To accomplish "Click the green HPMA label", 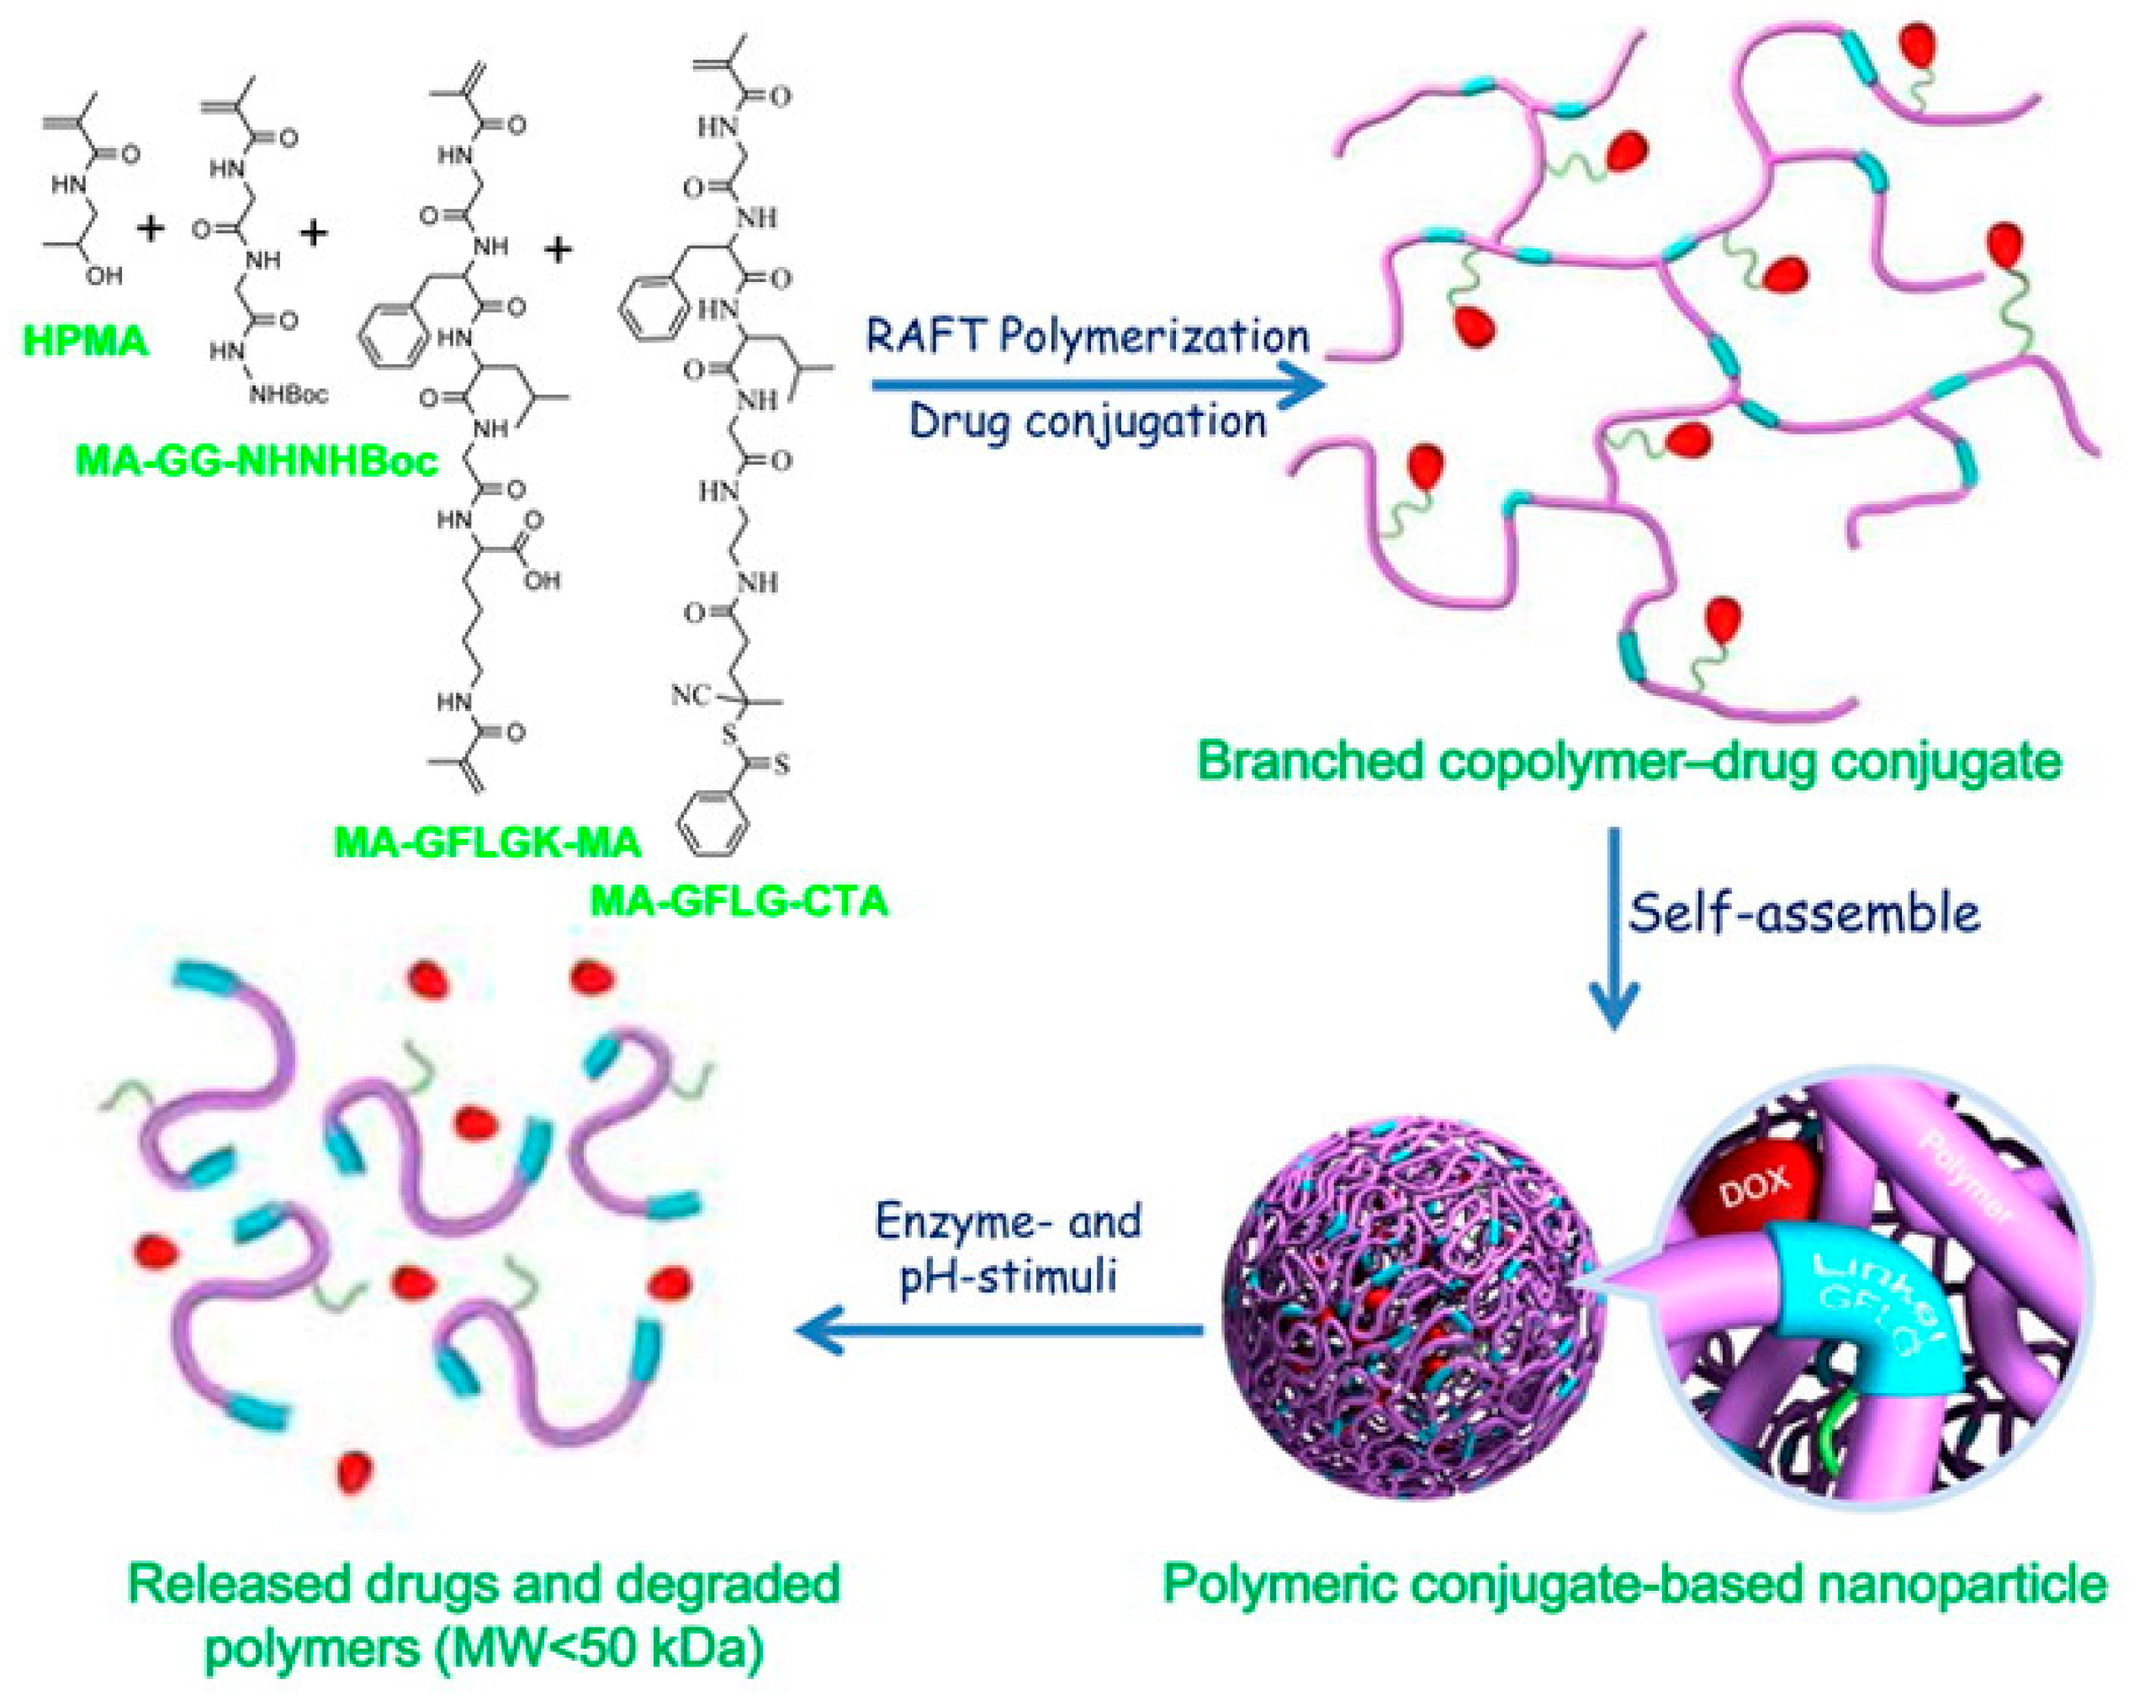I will pos(85,341).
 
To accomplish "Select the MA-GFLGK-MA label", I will pos(488,843).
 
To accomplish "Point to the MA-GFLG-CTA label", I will pos(739,901).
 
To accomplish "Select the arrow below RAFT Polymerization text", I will pos(1096,385).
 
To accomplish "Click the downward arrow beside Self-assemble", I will pos(1614,928).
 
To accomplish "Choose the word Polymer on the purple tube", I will pos(1965,1180).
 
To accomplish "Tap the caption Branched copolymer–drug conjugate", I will pos(1629,761).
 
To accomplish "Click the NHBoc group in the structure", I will pos(289,395).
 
